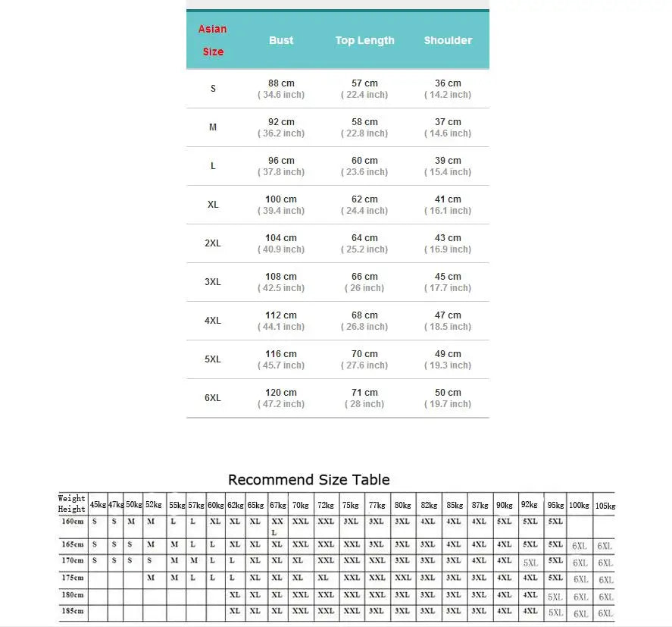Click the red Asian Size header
pos(213,40)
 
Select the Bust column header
pos(281,40)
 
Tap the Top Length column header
pos(365,40)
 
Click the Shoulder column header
pos(448,40)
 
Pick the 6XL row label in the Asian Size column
pos(213,398)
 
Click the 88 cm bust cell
pos(281,83)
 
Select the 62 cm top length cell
pos(365,199)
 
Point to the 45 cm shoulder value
pos(448,277)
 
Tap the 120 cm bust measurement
pos(281,393)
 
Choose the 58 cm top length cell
pos(365,122)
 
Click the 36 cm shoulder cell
pos(448,83)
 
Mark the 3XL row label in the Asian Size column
pos(213,282)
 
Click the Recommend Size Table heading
pos(309,480)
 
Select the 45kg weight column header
pos(98,504)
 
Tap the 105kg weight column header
pos(605,505)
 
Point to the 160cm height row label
pos(73,522)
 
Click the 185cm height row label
pos(73,610)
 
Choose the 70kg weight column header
pos(300,504)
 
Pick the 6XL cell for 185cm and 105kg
pos(605,613)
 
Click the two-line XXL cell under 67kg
pos(277,527)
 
